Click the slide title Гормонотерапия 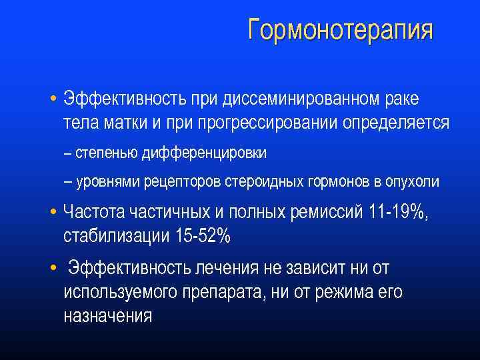(x=340, y=30)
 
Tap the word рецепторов (x=169, y=181)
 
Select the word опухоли (x=413, y=181)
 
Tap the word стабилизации (x=115, y=236)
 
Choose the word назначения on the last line (x=108, y=317)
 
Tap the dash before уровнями (x=68, y=181)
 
